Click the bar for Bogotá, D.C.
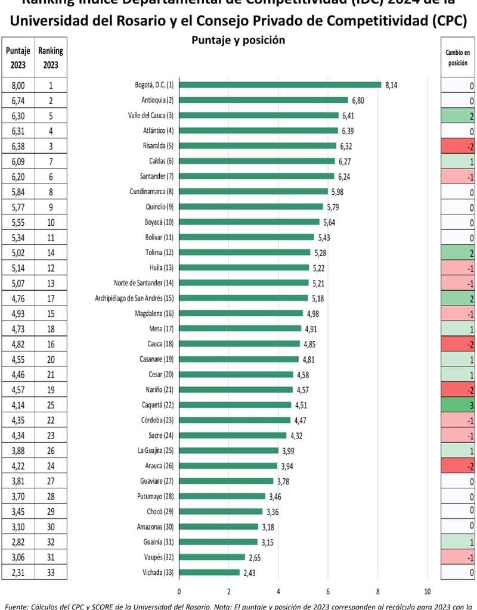280,85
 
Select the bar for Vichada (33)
209,572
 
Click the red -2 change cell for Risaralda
458,145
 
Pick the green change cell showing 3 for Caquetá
458,405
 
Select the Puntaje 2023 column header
18,58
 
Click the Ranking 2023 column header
51,58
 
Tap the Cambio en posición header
458,58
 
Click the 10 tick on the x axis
427,592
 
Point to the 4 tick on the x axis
278,592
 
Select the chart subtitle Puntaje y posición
238,41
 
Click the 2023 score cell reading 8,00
18,85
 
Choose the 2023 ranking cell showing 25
51,405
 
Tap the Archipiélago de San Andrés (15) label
134,298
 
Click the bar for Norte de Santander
244,282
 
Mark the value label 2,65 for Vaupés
256,557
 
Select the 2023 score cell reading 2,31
18,572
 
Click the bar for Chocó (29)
221,511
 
